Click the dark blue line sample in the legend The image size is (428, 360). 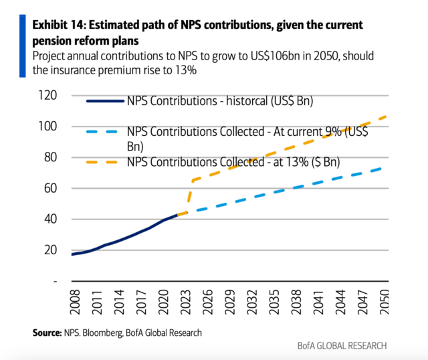click(105, 102)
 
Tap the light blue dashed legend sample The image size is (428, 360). click(105, 132)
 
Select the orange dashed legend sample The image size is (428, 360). click(105, 162)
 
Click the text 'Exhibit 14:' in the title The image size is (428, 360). click(61, 25)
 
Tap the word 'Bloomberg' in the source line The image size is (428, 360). click(101, 332)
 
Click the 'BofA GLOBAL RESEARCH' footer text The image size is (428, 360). click(342, 345)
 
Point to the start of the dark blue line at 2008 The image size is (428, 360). click(72, 254)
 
